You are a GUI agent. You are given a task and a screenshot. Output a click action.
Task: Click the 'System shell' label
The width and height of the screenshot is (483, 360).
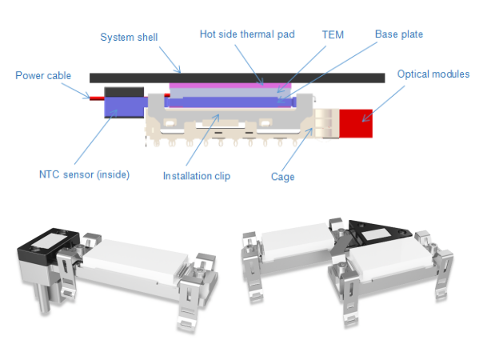128,38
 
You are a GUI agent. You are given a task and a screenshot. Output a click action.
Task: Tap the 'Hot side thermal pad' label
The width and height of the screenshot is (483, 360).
246,34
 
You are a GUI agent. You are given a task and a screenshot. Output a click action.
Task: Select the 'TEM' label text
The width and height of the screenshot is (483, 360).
333,35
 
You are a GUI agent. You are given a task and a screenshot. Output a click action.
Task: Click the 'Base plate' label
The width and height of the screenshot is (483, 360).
399,34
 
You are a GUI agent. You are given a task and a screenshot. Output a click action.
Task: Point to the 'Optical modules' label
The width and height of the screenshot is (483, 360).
433,74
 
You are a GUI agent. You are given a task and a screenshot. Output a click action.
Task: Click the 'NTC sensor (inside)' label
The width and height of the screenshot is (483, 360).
84,174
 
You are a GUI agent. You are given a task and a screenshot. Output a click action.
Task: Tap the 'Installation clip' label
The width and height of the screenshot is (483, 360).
196,175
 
